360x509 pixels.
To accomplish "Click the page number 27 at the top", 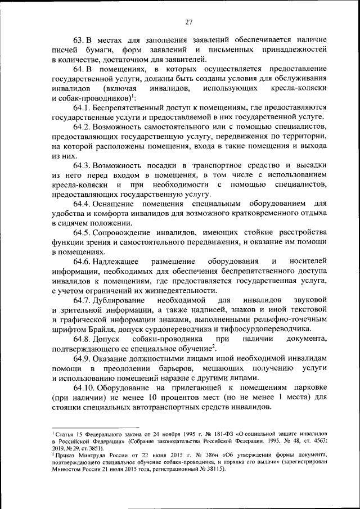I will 188,22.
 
